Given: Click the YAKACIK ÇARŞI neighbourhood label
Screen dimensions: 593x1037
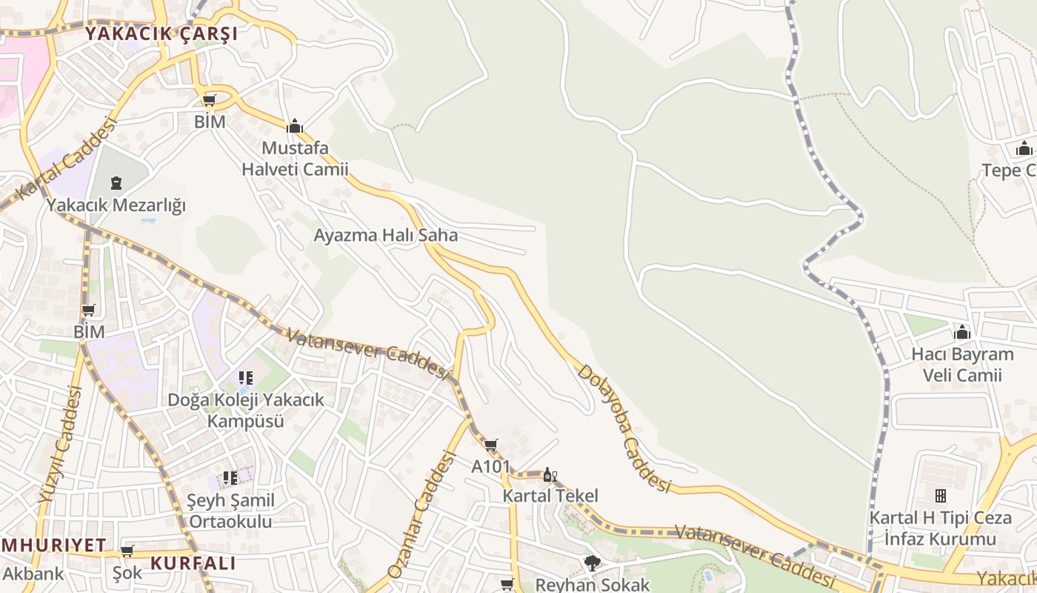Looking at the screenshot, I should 161,34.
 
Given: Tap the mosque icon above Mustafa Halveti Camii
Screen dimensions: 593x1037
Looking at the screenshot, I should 295,126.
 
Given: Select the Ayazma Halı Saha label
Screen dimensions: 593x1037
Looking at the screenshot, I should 386,236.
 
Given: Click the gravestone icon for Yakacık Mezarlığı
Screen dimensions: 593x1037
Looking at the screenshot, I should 116,182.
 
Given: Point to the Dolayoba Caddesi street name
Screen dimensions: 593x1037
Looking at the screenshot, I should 624,428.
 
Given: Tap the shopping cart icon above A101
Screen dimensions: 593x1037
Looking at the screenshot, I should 490,445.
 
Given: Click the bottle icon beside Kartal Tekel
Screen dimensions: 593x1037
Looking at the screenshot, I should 550,475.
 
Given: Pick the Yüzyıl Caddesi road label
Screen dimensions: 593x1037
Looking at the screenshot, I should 59,445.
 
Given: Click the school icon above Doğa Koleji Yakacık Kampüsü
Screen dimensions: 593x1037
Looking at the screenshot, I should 245,379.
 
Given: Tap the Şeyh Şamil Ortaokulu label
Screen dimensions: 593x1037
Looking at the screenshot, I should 230,511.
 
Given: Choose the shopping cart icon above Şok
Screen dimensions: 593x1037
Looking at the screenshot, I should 127,551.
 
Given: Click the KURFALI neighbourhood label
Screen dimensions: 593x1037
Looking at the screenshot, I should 193,563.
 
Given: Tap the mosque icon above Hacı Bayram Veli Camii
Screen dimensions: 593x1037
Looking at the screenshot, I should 962,332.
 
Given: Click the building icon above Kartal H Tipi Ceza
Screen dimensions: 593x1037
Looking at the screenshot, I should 941,495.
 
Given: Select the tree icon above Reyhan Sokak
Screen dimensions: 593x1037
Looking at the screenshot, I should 592,563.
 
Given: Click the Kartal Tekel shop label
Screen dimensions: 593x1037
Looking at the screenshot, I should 550,496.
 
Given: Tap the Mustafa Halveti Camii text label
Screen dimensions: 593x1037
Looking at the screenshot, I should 295,159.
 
